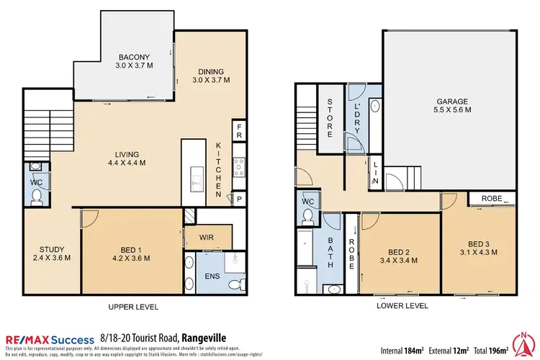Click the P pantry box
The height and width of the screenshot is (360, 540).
238,197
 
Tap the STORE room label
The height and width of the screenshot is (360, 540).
330,119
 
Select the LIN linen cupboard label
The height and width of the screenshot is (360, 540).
375,174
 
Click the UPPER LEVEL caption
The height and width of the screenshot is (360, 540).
134,307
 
